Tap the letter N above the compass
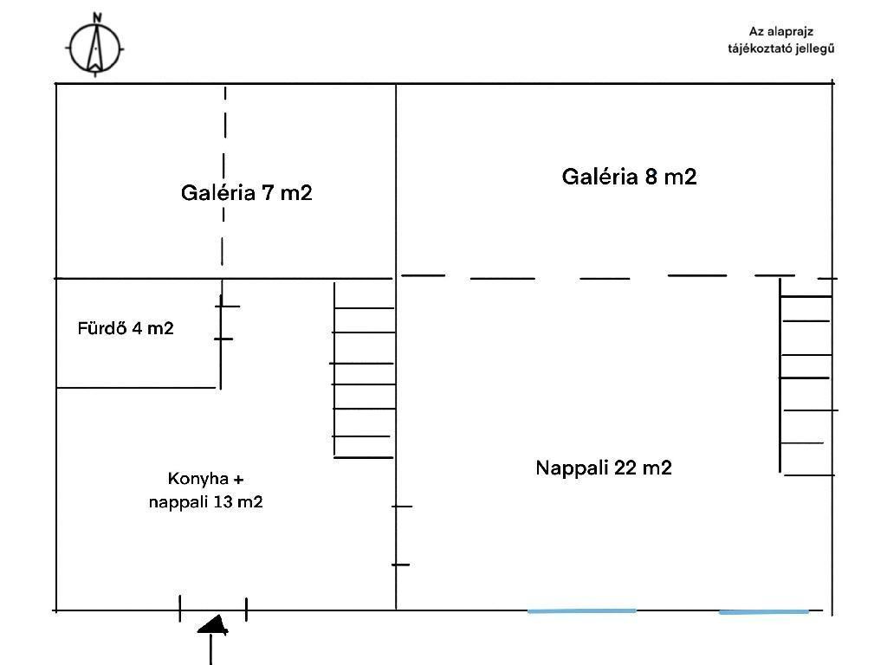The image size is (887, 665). click(97, 16)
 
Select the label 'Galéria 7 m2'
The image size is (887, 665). click(246, 192)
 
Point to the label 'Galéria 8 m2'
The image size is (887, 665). click(629, 177)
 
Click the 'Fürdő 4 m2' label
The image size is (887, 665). click(126, 328)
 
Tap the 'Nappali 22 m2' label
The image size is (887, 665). click(604, 468)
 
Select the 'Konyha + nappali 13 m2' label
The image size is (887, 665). click(206, 490)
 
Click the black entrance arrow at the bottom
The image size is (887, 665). click(212, 625)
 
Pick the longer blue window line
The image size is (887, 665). click(582, 610)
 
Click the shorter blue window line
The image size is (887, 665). click(763, 611)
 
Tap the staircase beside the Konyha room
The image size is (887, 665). click(364, 371)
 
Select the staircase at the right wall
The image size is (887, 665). click(806, 384)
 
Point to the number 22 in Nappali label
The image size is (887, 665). click(625, 468)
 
